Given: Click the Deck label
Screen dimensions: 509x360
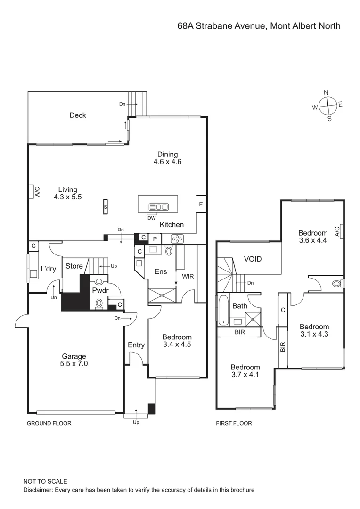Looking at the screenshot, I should point(78,115).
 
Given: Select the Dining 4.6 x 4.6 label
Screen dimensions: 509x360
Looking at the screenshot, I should point(167,158).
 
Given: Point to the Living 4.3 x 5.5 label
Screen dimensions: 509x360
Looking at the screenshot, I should point(68,193).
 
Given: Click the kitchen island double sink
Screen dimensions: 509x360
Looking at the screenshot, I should point(158,206).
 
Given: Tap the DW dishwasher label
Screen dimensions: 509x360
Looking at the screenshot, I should point(151,218).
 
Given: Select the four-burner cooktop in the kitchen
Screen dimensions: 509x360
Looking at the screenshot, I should point(178,239).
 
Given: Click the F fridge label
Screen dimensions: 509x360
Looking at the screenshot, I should point(201,204).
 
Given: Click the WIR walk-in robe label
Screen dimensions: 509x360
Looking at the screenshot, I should point(188,276).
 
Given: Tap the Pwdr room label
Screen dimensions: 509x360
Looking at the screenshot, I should point(100,291).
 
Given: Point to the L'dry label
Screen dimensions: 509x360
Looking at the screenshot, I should point(48,269).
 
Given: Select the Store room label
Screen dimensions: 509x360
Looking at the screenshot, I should point(74,266).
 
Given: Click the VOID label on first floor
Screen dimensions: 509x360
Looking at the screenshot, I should point(253,259).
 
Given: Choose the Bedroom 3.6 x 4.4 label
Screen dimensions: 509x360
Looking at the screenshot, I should point(313,237).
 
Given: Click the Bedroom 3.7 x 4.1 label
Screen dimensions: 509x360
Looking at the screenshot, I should point(245,371).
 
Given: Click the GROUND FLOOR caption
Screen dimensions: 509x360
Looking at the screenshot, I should point(49,423).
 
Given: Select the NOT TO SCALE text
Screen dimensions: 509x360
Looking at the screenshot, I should point(45,481).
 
